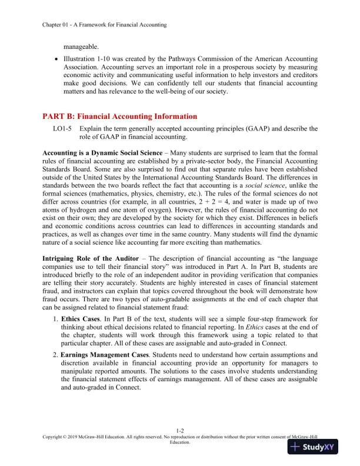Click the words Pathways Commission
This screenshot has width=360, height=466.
point(200,59)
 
